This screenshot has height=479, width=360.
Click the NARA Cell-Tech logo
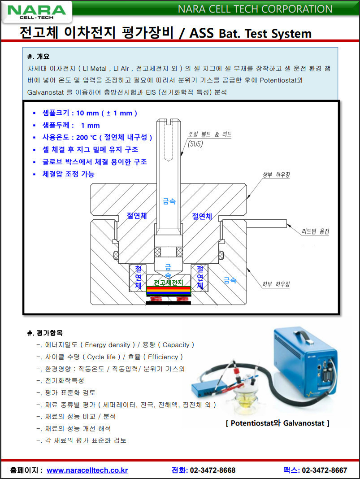tap(35, 12)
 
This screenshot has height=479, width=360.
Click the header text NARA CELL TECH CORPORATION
tap(255, 9)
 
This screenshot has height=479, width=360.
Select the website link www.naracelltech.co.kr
tap(87, 470)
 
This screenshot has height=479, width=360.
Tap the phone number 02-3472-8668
tap(213, 470)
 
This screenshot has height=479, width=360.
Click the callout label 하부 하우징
tap(276, 284)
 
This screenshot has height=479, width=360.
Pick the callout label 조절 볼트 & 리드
tap(210, 135)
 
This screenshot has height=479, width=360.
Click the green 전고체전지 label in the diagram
tap(169, 283)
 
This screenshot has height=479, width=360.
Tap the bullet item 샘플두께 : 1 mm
tap(71, 125)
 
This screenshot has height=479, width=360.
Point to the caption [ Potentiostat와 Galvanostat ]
tap(278, 423)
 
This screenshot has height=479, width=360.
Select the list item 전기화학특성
tap(65, 381)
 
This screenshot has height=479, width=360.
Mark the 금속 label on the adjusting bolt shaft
tap(169, 202)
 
